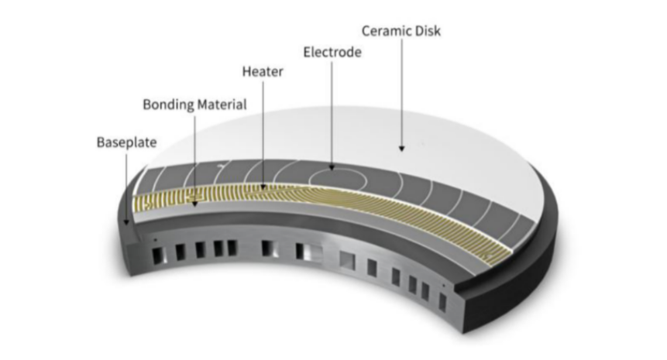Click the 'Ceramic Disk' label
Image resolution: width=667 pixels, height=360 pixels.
pyautogui.click(x=401, y=31)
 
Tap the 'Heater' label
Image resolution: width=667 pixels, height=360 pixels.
pyautogui.click(x=263, y=72)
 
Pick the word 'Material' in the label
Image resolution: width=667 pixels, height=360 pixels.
pyautogui.click(x=222, y=104)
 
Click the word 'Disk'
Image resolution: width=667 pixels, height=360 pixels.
pyautogui.click(x=427, y=31)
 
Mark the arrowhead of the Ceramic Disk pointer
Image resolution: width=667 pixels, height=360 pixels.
pyautogui.click(x=401, y=147)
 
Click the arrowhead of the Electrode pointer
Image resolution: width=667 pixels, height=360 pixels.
pyautogui.click(x=332, y=166)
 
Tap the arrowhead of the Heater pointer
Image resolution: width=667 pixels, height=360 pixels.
pyautogui.click(x=263, y=187)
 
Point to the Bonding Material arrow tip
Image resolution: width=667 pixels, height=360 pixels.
pyautogui.click(x=195, y=206)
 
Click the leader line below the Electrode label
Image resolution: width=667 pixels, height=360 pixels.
pyautogui.click(x=332, y=108)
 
